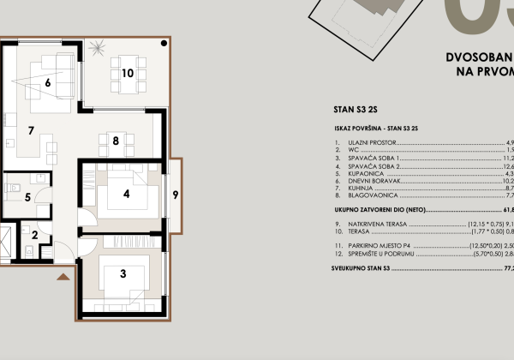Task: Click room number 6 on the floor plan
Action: (x=48, y=83)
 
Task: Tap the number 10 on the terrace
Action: (x=127, y=73)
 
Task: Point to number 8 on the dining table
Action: (x=115, y=141)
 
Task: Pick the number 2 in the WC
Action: (x=35, y=234)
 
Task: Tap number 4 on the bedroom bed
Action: (x=126, y=194)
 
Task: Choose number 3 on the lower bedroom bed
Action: (x=123, y=274)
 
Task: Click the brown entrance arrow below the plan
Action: (x=63, y=279)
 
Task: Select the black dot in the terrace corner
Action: (x=163, y=46)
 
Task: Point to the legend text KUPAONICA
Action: (x=368, y=174)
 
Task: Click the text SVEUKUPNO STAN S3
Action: (x=372, y=269)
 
